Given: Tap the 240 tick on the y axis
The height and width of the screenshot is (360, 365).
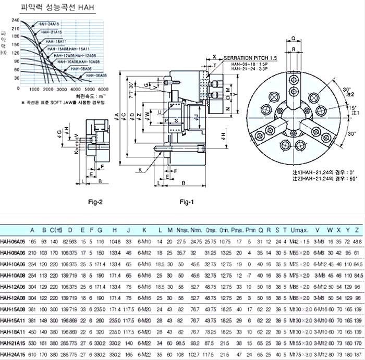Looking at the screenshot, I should tap(15, 20).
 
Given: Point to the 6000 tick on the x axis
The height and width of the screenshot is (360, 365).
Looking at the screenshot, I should tap(103, 89).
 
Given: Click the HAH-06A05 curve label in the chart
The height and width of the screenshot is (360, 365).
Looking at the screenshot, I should tap(95, 76).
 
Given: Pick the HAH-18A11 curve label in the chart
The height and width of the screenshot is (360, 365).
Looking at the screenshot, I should tap(56, 41).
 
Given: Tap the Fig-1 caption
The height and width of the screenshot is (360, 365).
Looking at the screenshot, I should tap(187, 202).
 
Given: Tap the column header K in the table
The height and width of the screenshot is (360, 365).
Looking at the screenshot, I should tap(144, 229).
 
